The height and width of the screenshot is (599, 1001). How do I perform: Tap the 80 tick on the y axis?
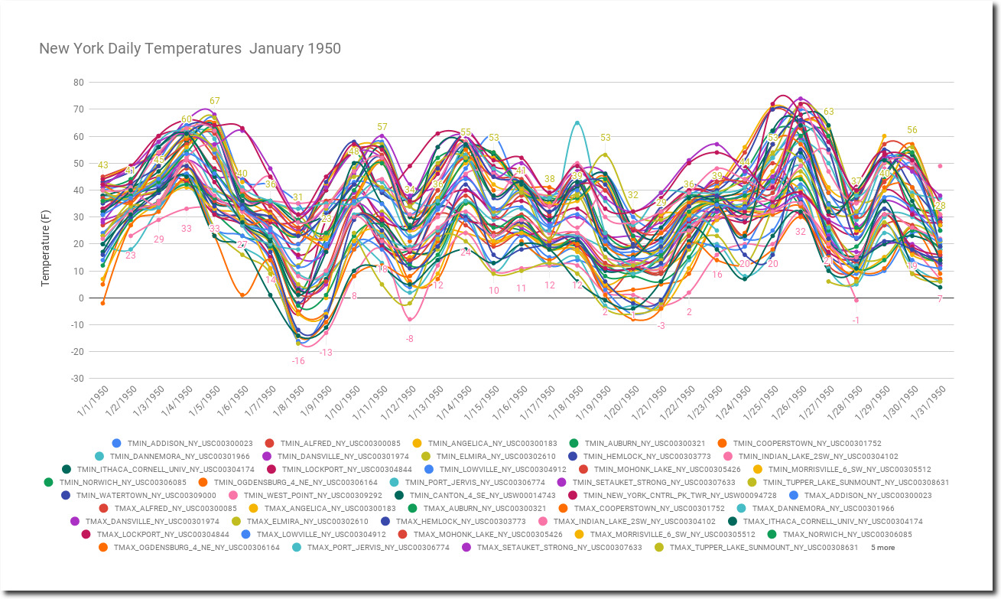pyautogui.click(x=78, y=83)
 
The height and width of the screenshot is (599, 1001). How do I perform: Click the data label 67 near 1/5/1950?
pyautogui.click(x=215, y=101)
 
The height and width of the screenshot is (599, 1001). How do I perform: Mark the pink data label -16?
pyautogui.click(x=297, y=360)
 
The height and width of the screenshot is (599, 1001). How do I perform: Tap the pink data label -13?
pyautogui.click(x=326, y=353)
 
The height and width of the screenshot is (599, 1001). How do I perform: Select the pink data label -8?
pyautogui.click(x=410, y=339)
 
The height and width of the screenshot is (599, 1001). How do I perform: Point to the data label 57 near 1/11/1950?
pyautogui.click(x=382, y=127)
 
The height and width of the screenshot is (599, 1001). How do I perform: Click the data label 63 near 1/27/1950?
pyautogui.click(x=828, y=112)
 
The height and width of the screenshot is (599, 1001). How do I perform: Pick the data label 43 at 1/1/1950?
pyautogui.click(x=102, y=165)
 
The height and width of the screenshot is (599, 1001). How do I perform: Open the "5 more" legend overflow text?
pyautogui.click(x=882, y=548)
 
